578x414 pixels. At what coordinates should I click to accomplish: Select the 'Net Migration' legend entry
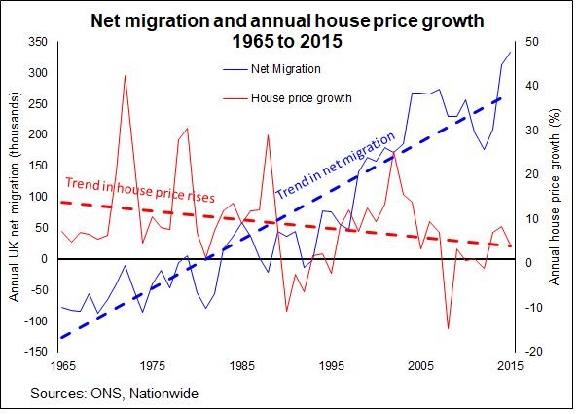pos(285,69)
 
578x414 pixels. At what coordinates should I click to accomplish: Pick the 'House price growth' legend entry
pos(301,98)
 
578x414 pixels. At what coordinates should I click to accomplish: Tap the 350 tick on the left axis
pos(38,42)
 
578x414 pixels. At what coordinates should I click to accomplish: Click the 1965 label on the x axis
pos(60,366)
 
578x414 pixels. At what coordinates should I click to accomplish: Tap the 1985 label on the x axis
pos(240,366)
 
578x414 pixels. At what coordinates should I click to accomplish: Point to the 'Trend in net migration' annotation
pos(335,167)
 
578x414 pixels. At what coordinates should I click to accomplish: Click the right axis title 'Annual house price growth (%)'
pos(556,197)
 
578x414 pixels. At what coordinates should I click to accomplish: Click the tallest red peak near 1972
pos(125,76)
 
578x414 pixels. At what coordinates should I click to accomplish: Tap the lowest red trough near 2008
pos(448,328)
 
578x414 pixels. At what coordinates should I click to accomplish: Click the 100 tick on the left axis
pos(38,197)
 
